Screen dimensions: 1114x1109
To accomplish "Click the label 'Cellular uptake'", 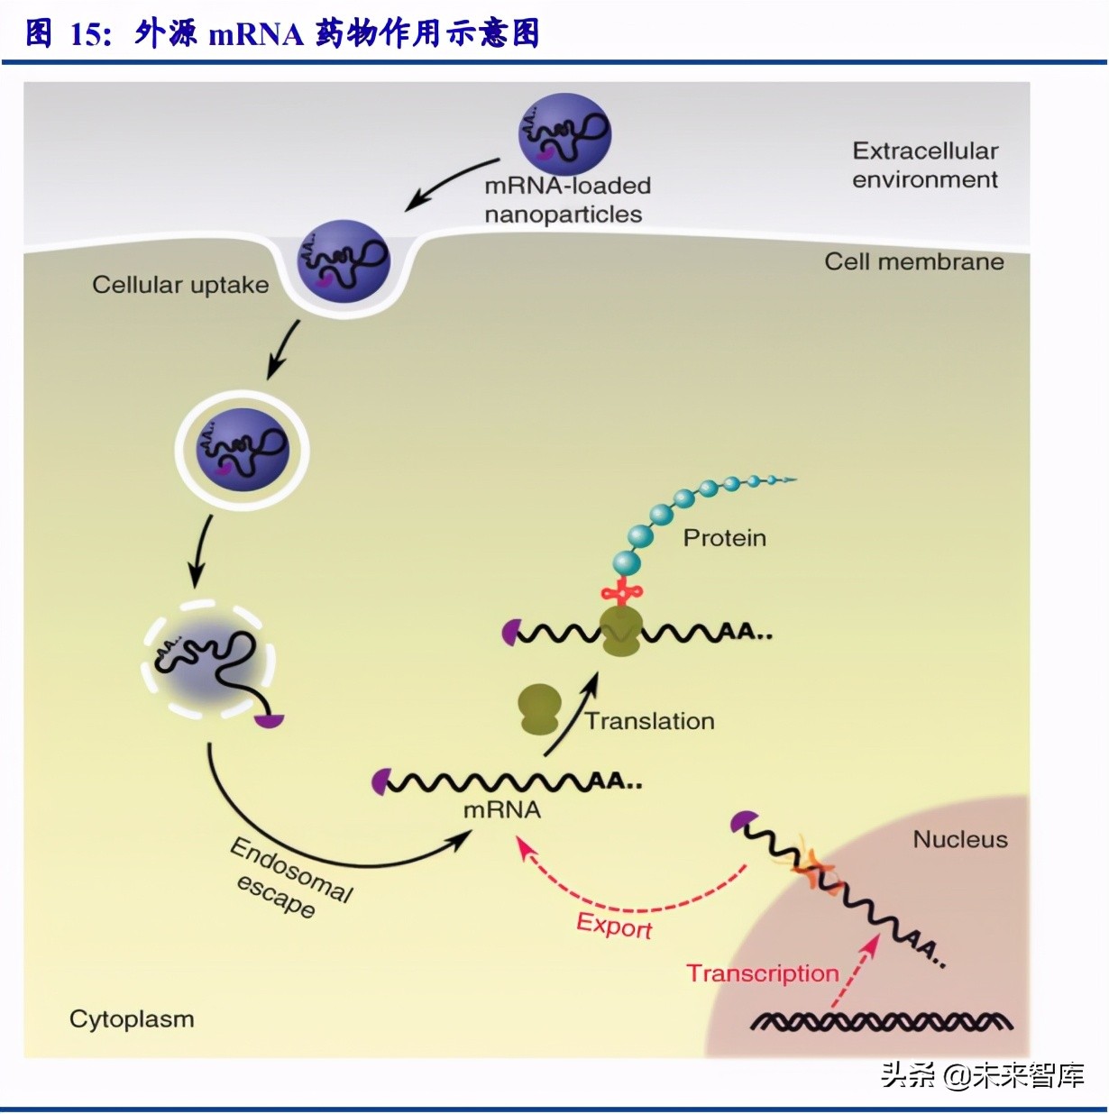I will (x=180, y=285).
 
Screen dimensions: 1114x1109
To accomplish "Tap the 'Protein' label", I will (x=724, y=538).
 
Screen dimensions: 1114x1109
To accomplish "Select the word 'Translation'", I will (x=649, y=721).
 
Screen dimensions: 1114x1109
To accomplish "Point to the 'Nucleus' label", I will (x=960, y=839).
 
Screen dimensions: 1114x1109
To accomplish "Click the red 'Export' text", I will (x=614, y=926).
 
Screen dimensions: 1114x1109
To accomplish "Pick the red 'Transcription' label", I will (x=763, y=973).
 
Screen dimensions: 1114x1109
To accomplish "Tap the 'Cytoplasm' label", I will (x=132, y=1019).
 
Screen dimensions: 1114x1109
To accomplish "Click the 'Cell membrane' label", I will (x=913, y=261).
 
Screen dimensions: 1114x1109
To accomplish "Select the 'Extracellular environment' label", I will (x=925, y=165).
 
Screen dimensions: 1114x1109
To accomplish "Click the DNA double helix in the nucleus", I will (x=882, y=1021).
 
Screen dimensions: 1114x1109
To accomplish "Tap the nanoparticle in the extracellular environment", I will (x=564, y=134).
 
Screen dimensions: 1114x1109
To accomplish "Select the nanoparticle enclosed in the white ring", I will (x=243, y=448).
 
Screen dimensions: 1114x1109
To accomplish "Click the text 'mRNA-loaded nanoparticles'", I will (x=566, y=200).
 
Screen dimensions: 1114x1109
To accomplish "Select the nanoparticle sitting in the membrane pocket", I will (x=343, y=261).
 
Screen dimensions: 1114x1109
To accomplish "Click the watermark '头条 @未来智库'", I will (x=983, y=1074).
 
